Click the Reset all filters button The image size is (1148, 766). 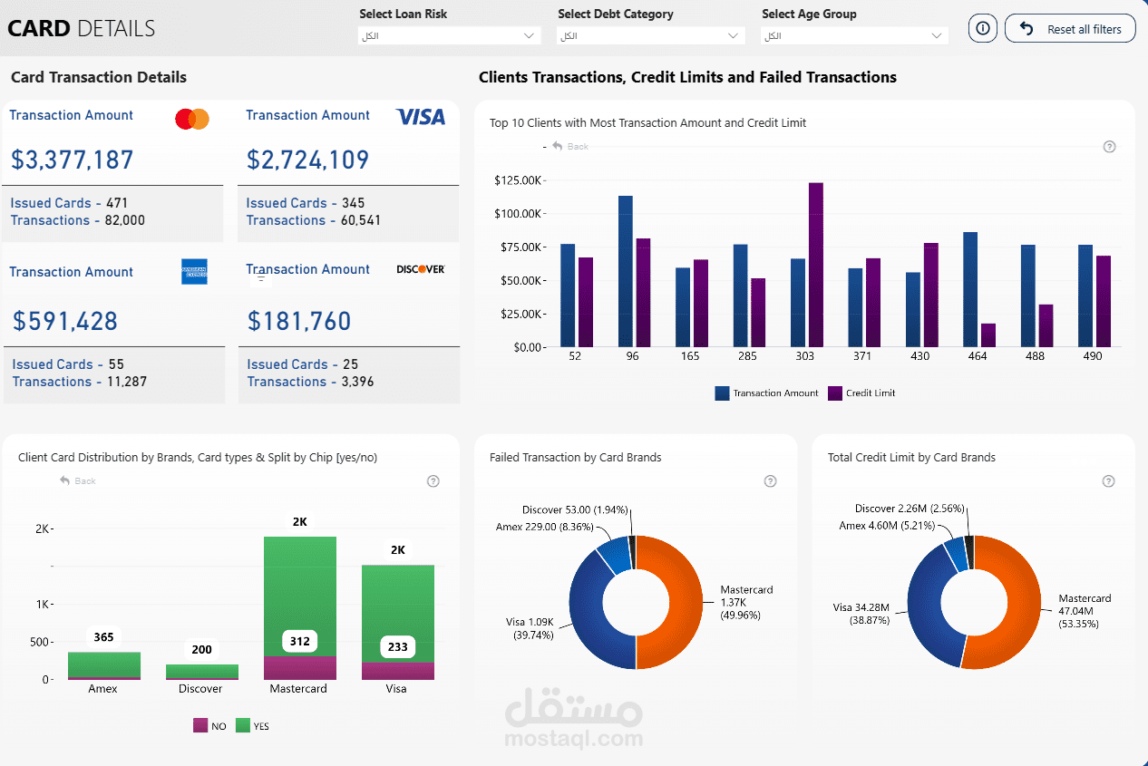1070,29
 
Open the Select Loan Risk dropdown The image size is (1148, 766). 449,35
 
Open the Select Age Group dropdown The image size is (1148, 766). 854,35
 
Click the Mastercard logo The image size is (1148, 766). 192,119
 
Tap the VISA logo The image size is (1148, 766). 421,117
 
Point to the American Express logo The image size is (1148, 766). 194,271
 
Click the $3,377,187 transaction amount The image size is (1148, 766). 73,160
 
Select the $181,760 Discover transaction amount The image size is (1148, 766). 299,321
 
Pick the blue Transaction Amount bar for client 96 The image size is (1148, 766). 626,271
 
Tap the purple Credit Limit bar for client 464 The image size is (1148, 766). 988,335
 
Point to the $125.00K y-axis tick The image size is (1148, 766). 518,180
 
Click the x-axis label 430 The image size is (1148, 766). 920,356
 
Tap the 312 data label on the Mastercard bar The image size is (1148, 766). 300,642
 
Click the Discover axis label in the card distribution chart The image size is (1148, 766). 200,689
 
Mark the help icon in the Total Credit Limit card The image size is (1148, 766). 1108,481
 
